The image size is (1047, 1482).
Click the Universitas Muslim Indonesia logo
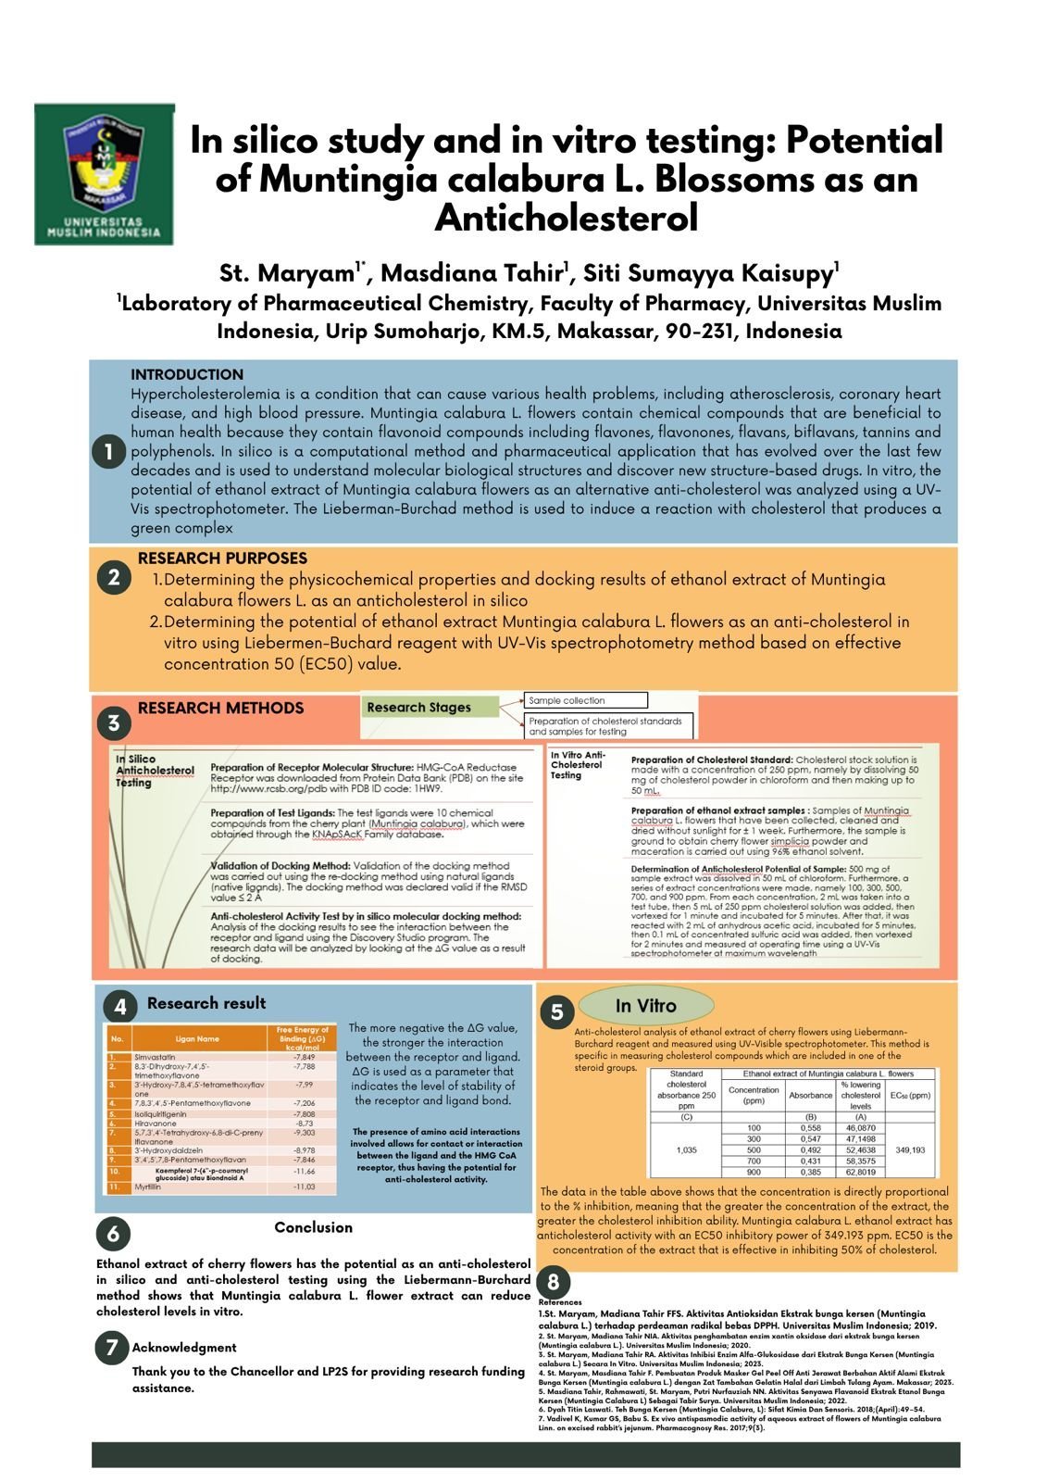(x=104, y=173)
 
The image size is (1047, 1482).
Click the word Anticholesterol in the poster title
(x=566, y=219)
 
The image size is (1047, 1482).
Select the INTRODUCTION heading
(x=187, y=374)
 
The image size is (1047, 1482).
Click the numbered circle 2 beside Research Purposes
(x=113, y=578)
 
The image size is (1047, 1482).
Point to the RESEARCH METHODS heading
(x=220, y=708)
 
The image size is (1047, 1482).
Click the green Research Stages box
(x=430, y=707)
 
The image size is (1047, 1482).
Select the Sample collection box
(x=585, y=700)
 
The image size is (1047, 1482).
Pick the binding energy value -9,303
(x=304, y=1133)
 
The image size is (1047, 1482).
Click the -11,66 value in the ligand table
(x=304, y=1172)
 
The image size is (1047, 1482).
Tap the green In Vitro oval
(x=646, y=1006)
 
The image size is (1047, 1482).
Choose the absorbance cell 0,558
(x=810, y=1127)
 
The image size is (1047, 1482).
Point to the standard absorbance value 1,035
(x=686, y=1149)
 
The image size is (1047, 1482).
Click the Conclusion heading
(x=313, y=1227)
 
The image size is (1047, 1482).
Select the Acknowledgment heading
(x=183, y=1348)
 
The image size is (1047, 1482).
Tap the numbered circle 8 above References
(x=553, y=1282)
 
